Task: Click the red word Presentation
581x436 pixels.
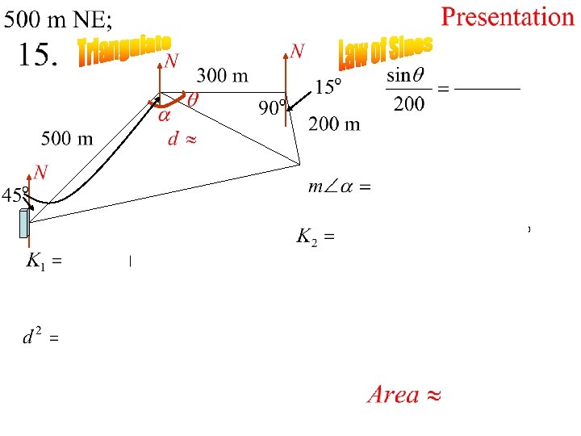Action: (x=507, y=17)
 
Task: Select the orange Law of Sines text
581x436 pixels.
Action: (x=385, y=52)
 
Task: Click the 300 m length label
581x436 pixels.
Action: (x=223, y=76)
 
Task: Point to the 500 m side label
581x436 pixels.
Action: (x=67, y=138)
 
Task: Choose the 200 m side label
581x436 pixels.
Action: (x=334, y=124)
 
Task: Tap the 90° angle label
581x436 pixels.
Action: (x=273, y=108)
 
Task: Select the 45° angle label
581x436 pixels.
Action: (x=14, y=195)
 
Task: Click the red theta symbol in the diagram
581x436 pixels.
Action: (x=193, y=100)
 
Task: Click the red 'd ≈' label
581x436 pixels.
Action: (x=182, y=139)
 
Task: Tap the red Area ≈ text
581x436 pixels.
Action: (x=404, y=395)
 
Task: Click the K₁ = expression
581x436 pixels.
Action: (x=44, y=261)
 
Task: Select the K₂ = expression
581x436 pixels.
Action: (x=315, y=237)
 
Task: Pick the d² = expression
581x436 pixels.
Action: (x=39, y=337)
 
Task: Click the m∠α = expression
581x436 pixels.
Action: (x=338, y=187)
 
